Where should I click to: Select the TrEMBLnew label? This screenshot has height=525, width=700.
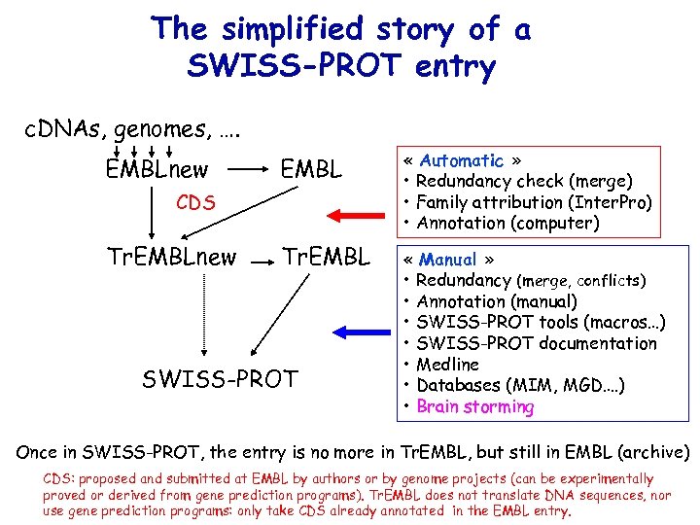(x=171, y=258)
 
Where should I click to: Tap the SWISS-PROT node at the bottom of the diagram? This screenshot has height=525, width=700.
(x=220, y=379)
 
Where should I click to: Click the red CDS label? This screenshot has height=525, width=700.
(x=195, y=203)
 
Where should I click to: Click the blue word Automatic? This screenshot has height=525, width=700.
(x=462, y=160)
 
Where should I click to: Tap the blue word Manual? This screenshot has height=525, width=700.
(x=448, y=260)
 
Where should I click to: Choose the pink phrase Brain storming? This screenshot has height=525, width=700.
(x=474, y=406)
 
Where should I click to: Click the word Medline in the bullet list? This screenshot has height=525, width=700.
(x=447, y=365)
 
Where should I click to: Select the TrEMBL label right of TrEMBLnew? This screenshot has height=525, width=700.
(x=326, y=258)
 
